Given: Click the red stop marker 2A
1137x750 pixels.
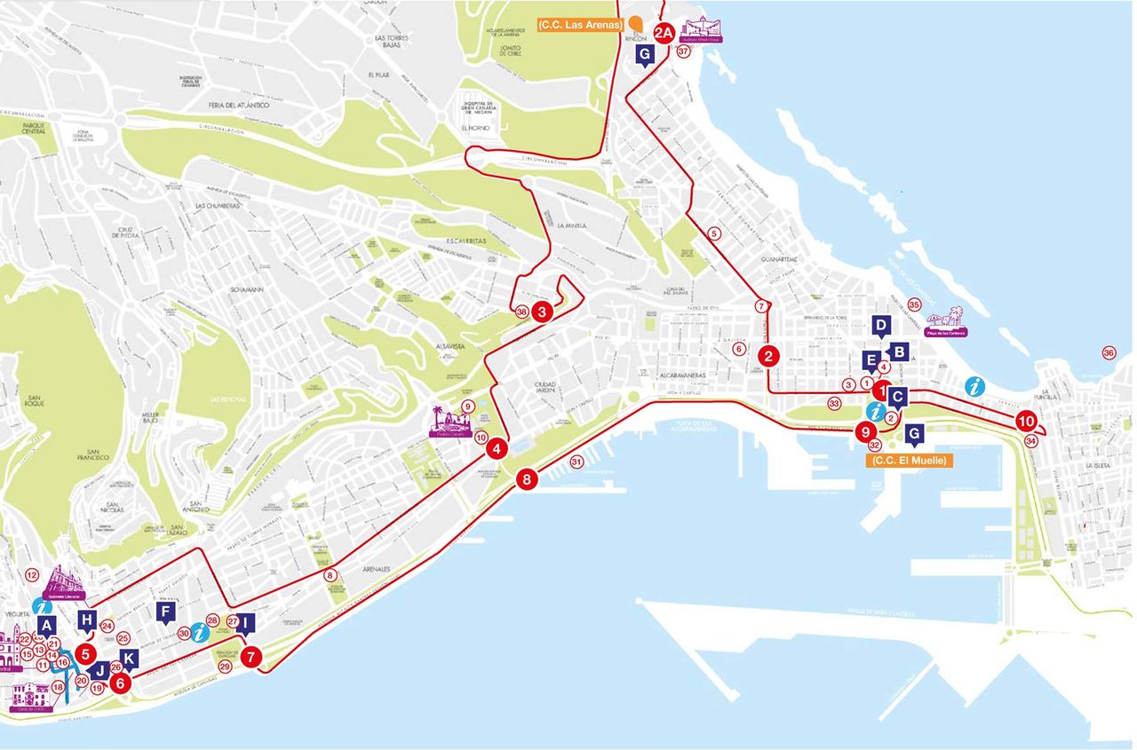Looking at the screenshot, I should coord(664,34).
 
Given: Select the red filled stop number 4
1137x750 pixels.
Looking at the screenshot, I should coord(497,449).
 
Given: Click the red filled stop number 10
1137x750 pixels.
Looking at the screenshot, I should coord(1027,422).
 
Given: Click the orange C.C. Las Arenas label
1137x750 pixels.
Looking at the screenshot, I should coord(580,26).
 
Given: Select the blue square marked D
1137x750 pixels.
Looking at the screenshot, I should coord(881,326).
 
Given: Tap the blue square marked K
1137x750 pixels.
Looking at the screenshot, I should coord(130,659).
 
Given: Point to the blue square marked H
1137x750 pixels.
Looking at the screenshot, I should coord(87,620).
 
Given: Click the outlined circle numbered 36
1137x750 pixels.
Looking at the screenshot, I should coord(1109,353).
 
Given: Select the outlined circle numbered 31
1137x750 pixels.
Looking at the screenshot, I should coord(576,462).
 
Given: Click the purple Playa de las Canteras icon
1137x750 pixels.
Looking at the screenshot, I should coord(946,321).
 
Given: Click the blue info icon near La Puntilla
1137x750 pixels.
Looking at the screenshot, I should coord(975,387).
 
